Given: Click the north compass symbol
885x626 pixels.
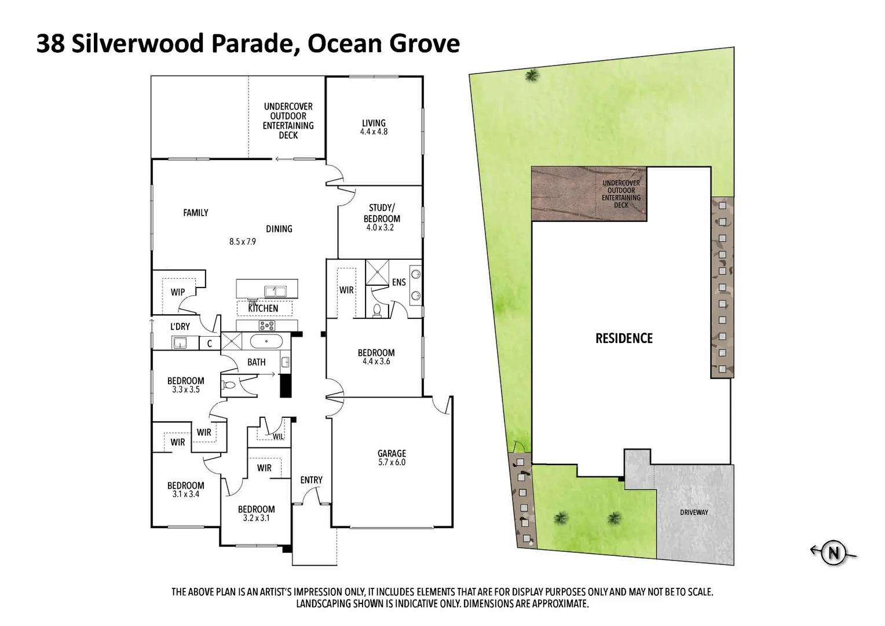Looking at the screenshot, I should pos(833,552).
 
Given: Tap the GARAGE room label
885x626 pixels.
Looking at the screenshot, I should pos(392,453).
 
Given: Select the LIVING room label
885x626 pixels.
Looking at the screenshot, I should pos(374,123).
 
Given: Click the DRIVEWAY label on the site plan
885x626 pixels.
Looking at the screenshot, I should pos(694,512).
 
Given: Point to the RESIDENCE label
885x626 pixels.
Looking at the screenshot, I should pos(624,339).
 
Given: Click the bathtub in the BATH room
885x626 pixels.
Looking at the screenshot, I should pos(266,341).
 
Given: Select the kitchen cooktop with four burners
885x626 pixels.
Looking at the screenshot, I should pos(268,325).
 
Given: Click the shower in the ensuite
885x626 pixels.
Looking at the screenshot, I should pos(376,273).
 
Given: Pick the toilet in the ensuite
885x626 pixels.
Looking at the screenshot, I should pos(377,311).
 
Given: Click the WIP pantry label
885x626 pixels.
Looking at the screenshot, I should pos(177,292).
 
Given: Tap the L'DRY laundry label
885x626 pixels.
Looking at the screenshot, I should pos(180,327).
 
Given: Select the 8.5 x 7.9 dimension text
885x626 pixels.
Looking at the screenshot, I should pos(242,242).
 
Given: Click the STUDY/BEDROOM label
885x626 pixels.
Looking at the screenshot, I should pos(381,213).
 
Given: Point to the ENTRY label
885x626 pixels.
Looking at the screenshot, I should pos(311,480).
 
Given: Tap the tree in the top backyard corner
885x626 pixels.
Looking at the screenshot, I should pos(531,75).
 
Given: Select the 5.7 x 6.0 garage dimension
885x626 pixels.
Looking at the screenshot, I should pos(392,463).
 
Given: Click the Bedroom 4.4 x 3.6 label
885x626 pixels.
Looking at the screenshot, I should pos(376,353).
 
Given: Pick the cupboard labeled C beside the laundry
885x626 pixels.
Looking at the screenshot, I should pos(210,343).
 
